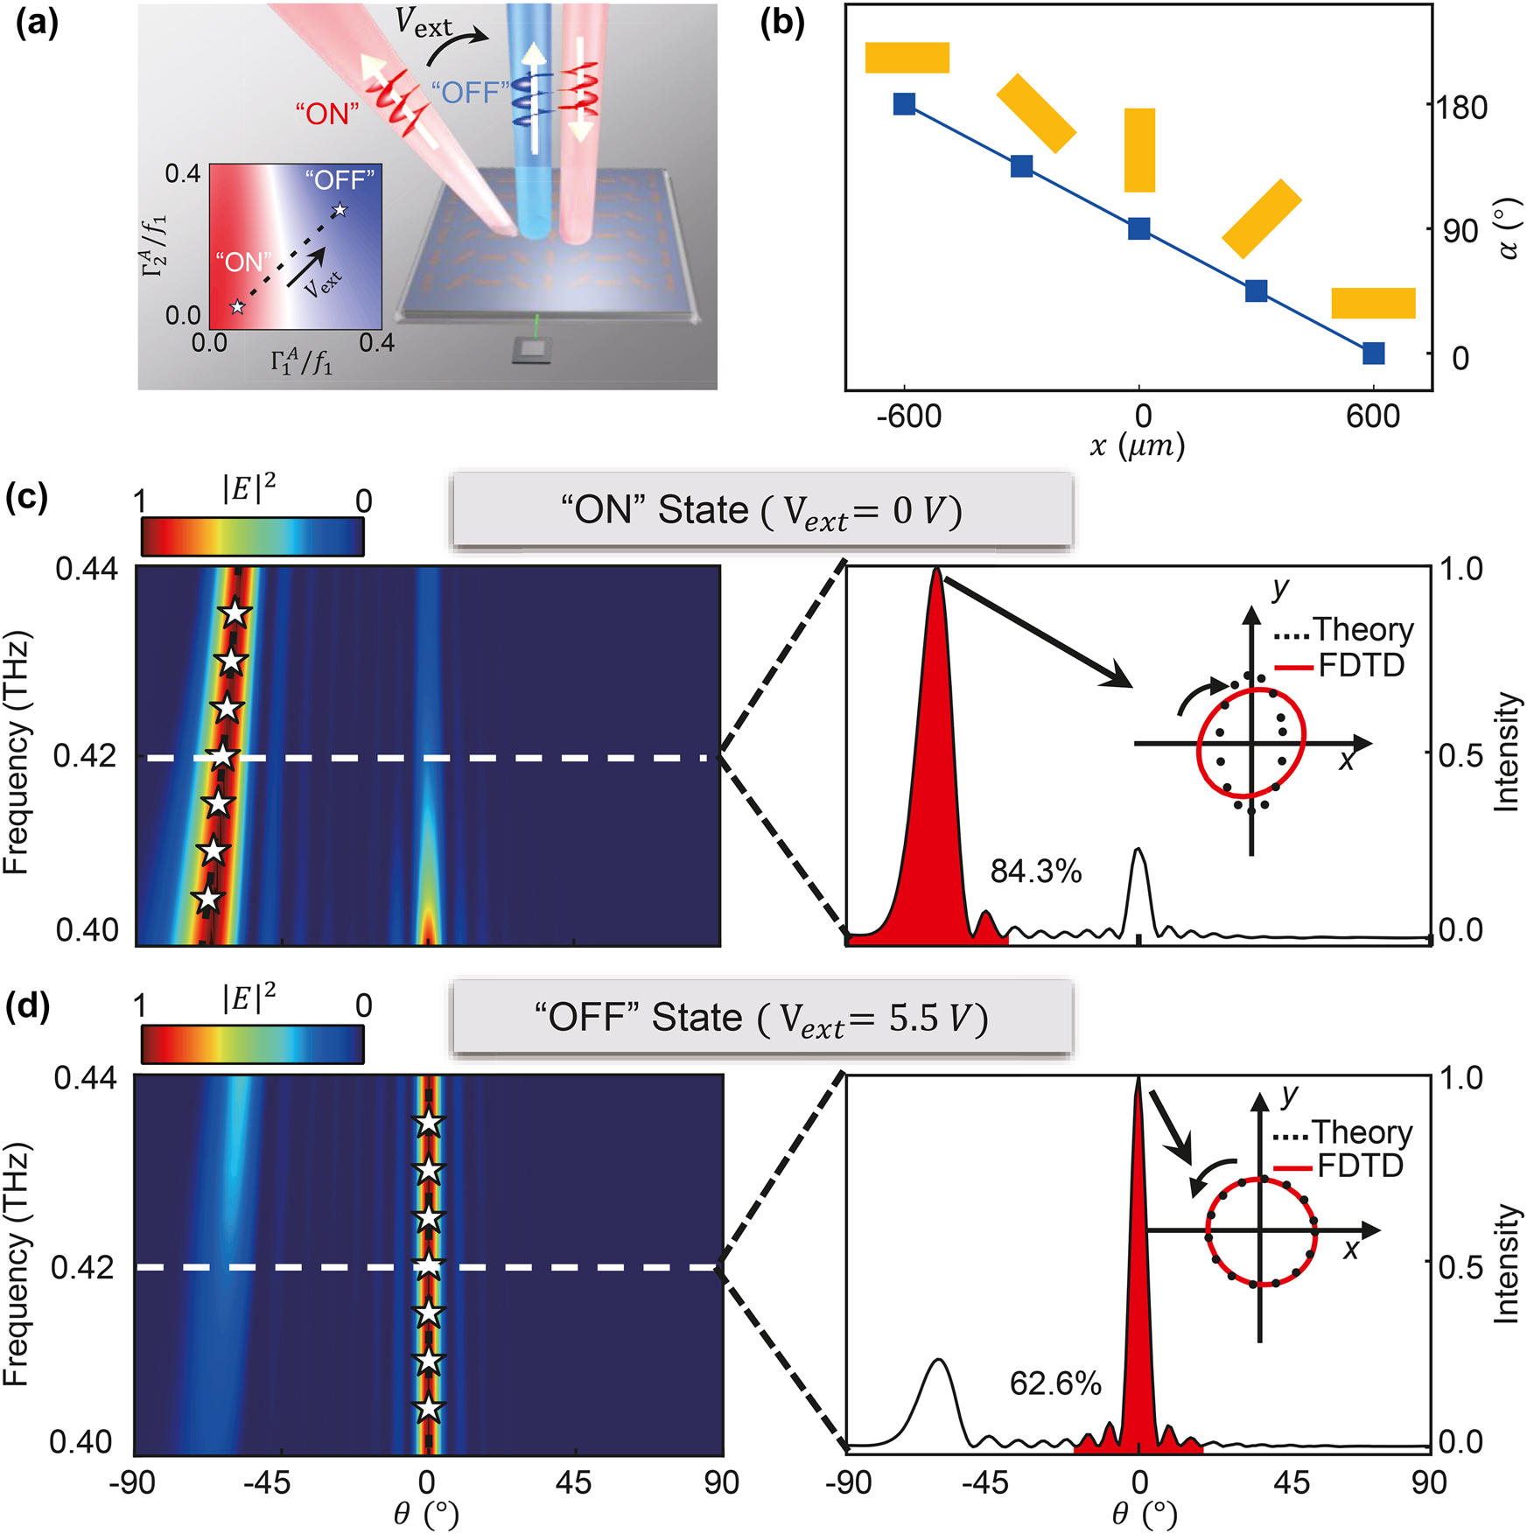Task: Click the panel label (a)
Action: (x=37, y=23)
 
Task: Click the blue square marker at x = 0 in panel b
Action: (x=1138, y=229)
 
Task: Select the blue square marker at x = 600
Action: (x=1373, y=354)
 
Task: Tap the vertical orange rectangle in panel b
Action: (x=1139, y=150)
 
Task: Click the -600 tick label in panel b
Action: (x=908, y=416)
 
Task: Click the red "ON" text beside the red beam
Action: (x=327, y=114)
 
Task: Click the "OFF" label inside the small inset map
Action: (x=340, y=180)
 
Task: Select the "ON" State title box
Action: (x=761, y=511)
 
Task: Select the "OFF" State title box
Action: (x=761, y=1019)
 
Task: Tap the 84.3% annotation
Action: (x=1036, y=872)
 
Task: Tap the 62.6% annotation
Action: (x=1055, y=1383)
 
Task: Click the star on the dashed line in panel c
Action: (x=222, y=756)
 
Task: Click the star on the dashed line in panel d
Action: (x=428, y=1265)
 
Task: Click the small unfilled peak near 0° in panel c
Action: (x=1138, y=884)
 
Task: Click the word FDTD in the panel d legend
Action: (x=1360, y=1166)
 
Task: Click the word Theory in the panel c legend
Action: (x=1362, y=629)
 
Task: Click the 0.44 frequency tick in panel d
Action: (x=85, y=1077)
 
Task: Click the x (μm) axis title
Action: (x=1138, y=446)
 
